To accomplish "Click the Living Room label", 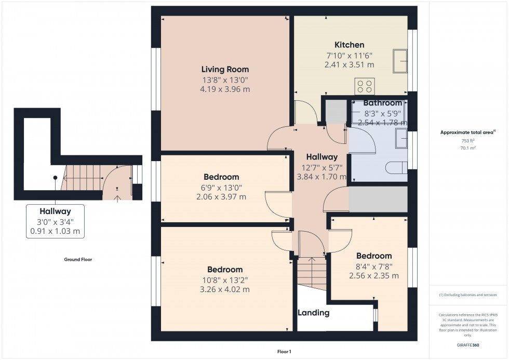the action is point(225,69).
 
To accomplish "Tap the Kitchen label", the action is point(349,45).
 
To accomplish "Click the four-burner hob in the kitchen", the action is point(365,86).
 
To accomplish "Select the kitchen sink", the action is point(400,61).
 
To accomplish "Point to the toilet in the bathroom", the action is point(396,168).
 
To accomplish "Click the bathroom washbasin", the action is point(401,138).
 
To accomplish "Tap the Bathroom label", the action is point(383,103).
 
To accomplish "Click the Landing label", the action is point(314,313).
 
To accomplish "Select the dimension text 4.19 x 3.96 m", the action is point(225,89).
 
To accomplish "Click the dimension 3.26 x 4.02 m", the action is point(224,289).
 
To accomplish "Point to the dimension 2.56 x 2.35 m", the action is point(374,276).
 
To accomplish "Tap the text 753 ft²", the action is point(468,141).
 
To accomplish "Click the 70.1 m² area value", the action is point(468,148).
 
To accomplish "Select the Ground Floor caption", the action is point(78,259).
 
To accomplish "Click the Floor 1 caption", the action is point(284,352).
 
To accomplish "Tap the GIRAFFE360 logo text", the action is point(468,345).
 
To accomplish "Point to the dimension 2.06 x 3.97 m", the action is point(221,197).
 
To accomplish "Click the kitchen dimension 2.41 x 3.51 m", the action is point(349,65).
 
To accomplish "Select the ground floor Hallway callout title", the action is point(55,211).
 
